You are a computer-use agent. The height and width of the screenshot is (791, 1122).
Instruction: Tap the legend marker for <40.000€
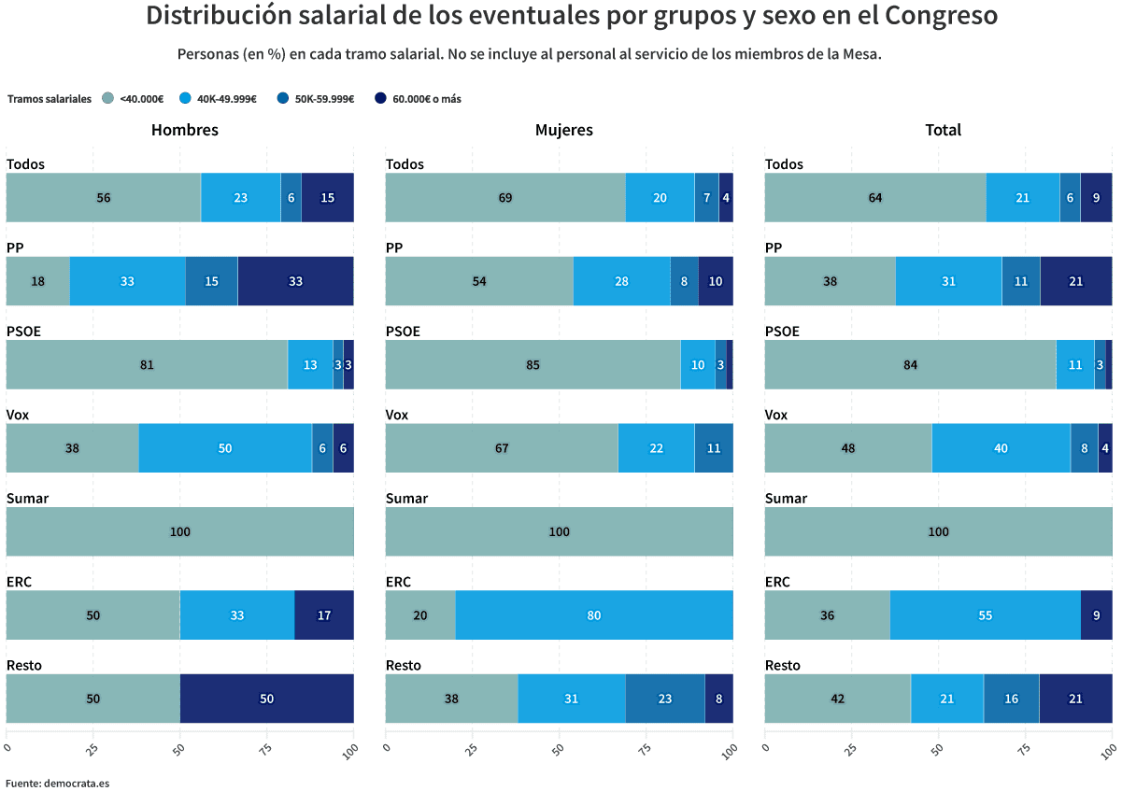click(107, 99)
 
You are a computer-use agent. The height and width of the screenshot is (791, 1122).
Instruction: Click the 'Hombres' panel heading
click(185, 130)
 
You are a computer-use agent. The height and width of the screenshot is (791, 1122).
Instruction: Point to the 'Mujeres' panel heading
click(563, 130)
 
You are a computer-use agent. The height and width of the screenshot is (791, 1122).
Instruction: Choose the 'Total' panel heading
click(943, 130)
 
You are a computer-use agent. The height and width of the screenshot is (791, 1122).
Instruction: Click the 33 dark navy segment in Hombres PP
click(295, 281)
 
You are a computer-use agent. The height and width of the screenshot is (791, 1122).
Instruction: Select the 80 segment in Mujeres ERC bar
click(594, 615)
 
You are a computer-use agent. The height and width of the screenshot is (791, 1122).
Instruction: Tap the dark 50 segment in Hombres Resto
click(266, 699)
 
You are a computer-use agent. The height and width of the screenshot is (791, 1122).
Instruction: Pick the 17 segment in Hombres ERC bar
click(323, 615)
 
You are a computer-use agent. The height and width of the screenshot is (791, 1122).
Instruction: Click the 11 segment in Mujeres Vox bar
click(714, 448)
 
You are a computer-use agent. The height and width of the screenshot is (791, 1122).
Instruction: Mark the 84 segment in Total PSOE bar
click(910, 364)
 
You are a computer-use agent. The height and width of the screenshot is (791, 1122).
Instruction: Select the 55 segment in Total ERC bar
click(985, 615)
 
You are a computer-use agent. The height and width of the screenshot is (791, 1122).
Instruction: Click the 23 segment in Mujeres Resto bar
click(665, 699)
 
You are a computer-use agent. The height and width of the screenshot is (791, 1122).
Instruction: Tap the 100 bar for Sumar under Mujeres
click(559, 531)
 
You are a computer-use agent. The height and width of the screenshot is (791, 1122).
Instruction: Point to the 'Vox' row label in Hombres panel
click(18, 415)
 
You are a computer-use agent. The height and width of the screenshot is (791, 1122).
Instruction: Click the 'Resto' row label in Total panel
click(783, 665)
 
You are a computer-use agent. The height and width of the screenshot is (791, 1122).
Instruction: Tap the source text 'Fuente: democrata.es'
click(58, 783)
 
